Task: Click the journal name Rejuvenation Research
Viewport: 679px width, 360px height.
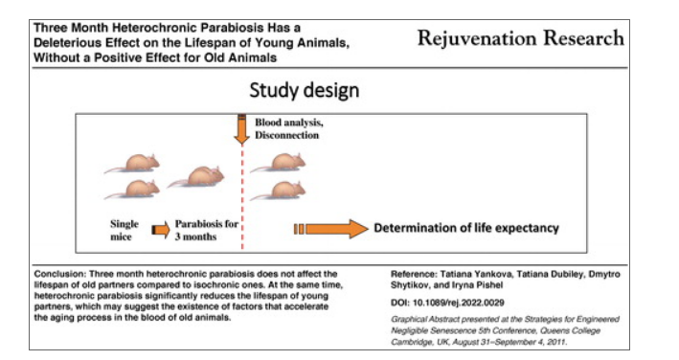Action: (x=521, y=38)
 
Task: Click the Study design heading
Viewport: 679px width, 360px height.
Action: (x=305, y=90)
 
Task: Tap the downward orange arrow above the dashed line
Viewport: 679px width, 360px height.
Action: (x=241, y=129)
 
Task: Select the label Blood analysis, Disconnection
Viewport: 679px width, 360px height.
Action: (x=289, y=128)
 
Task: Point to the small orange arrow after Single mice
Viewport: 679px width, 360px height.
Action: (x=161, y=230)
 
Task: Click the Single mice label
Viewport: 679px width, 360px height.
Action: (x=124, y=230)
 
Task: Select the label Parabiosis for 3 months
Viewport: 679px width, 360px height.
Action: (x=207, y=230)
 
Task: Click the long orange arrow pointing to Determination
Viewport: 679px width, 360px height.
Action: (x=330, y=229)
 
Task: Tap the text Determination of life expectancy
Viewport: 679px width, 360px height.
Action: (x=466, y=228)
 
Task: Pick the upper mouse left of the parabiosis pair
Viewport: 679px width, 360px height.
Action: (x=132, y=163)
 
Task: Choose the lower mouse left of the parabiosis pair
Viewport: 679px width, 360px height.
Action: (x=132, y=189)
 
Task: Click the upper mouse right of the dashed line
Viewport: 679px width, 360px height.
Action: (x=278, y=163)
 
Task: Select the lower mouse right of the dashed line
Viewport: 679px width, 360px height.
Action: (x=278, y=191)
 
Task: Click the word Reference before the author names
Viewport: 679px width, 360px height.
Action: (x=414, y=274)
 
